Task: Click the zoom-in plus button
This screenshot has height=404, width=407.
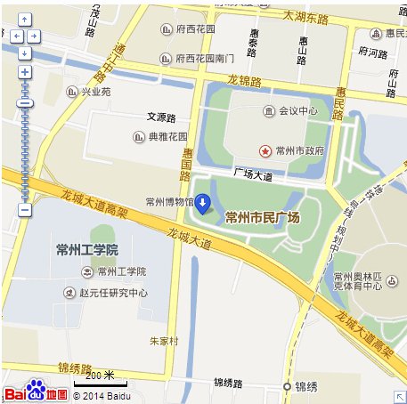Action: click(x=25, y=72)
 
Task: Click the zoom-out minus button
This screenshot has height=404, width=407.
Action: click(x=25, y=210)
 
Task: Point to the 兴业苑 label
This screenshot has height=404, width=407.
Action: click(x=96, y=91)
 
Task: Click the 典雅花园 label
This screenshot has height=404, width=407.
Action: click(x=167, y=137)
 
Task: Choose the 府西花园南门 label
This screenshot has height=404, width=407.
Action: click(x=205, y=59)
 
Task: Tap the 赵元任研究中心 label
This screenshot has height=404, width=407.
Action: click(x=111, y=292)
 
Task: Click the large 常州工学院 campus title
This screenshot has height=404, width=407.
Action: click(x=86, y=249)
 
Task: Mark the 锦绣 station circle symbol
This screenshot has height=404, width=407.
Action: click(x=287, y=386)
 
